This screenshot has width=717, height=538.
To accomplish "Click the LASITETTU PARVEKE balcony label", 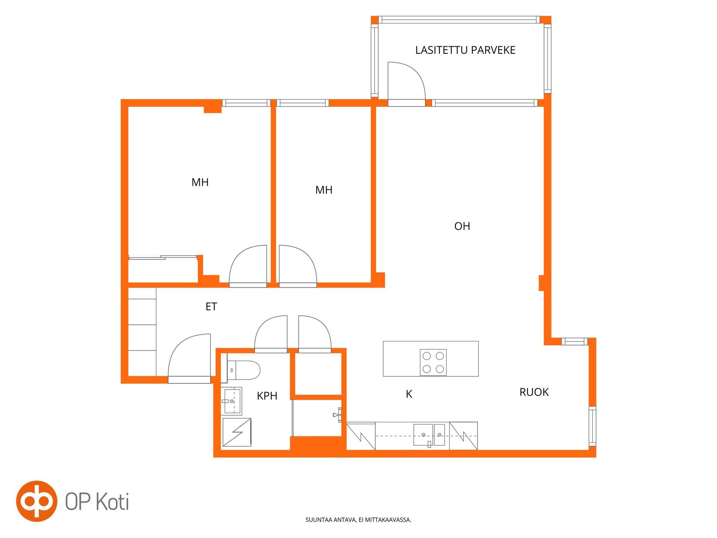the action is [465, 50].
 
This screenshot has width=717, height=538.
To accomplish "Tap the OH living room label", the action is [462, 226].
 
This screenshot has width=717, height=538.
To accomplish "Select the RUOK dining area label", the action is [534, 392].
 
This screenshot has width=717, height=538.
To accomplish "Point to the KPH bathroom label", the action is [267, 396].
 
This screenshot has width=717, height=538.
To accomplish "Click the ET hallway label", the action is [211, 306].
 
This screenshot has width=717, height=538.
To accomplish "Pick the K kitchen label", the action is [409, 394].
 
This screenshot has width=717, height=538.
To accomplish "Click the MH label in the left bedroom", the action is [200, 182].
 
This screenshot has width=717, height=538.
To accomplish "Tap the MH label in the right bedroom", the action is [324, 190].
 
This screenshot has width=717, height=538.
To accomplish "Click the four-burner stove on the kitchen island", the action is [433, 362].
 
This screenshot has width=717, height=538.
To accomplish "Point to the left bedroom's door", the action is [248, 265].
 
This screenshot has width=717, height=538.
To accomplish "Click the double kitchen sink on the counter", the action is [429, 435].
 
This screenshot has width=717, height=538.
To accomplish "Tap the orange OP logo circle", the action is [37, 501].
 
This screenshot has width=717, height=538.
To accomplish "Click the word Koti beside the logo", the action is [113, 501].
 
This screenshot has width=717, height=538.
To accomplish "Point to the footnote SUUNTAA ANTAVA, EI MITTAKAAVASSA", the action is [358, 520].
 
